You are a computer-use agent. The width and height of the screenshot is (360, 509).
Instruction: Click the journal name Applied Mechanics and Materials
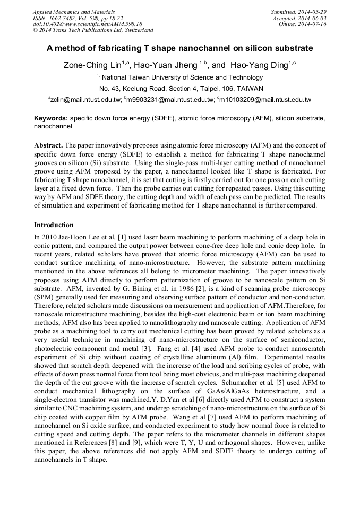click(x=72, y=12)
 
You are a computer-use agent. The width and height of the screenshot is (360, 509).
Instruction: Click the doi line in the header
click(x=88, y=24)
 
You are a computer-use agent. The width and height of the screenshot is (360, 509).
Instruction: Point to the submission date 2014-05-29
click(x=313, y=12)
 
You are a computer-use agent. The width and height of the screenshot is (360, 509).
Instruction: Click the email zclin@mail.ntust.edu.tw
click(x=85, y=100)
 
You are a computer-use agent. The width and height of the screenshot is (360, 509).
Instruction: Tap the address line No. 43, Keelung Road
click(x=181, y=89)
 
